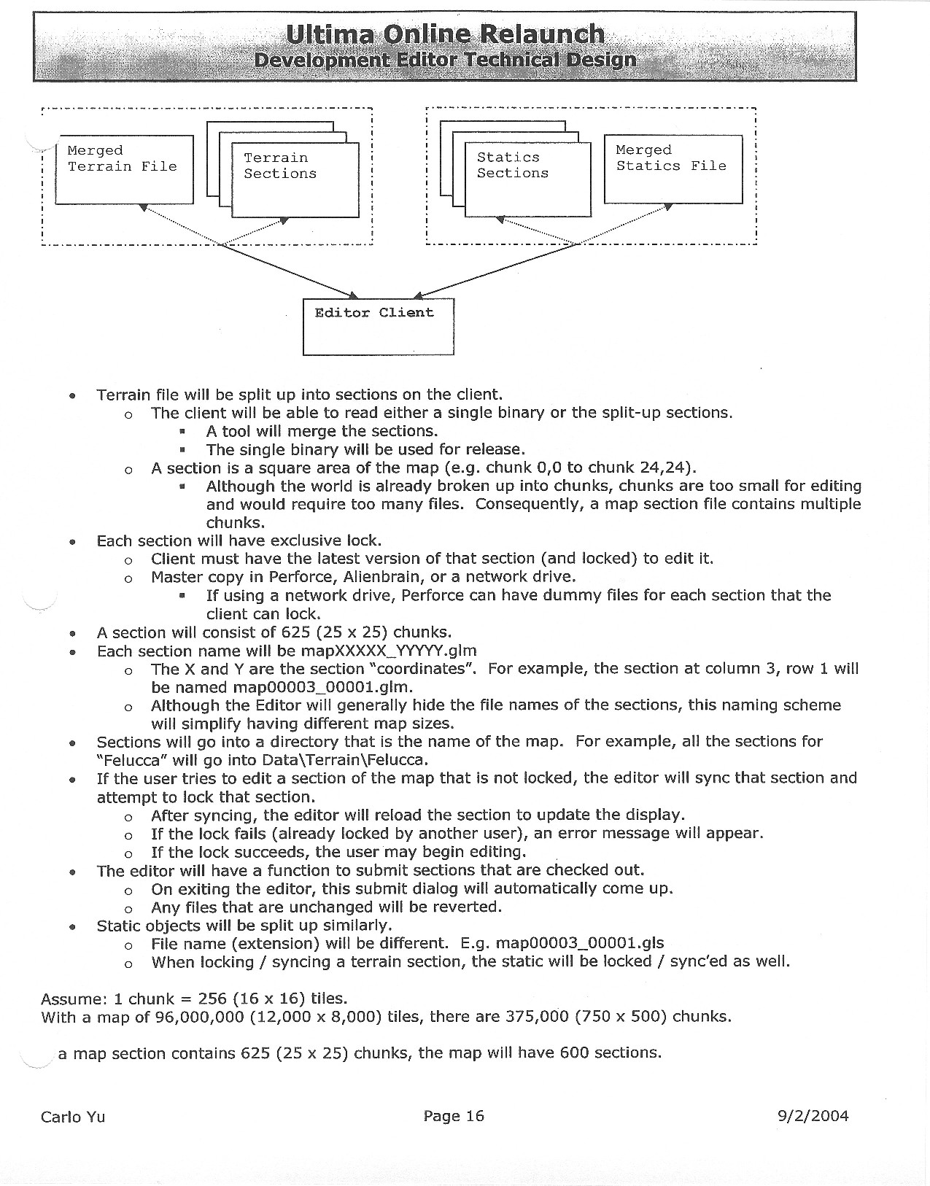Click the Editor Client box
pyautogui.click(x=378, y=326)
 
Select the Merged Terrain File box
pyautogui.click(x=124, y=169)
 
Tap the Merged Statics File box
pyautogui.click(x=673, y=168)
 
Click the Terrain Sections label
pyautogui.click(x=280, y=166)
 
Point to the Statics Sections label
pyautogui.click(x=512, y=165)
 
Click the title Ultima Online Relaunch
pyautogui.click(x=445, y=34)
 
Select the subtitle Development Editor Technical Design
pyautogui.click(x=445, y=60)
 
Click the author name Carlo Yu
pyautogui.click(x=73, y=1117)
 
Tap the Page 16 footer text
pyautogui.click(x=454, y=1115)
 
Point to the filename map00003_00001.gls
pyautogui.click(x=580, y=943)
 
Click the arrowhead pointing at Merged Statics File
pyautogui.click(x=667, y=207)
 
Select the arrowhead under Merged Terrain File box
pyautogui.click(x=144, y=208)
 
